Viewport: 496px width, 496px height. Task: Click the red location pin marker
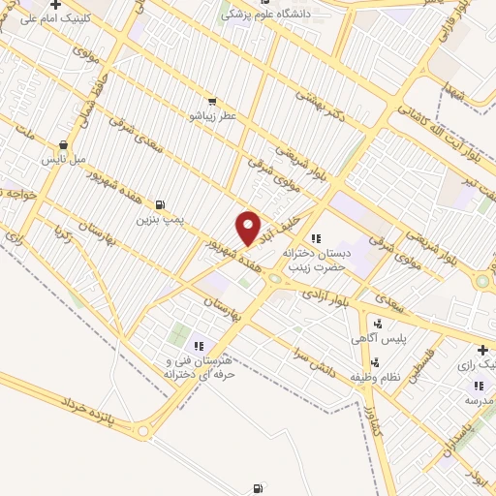(x=249, y=227)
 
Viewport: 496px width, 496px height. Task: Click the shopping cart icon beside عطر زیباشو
(x=212, y=100)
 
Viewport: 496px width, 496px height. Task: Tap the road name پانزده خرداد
(x=93, y=408)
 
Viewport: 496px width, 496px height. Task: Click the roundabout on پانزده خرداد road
(x=145, y=432)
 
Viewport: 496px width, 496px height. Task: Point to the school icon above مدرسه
(x=478, y=386)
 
